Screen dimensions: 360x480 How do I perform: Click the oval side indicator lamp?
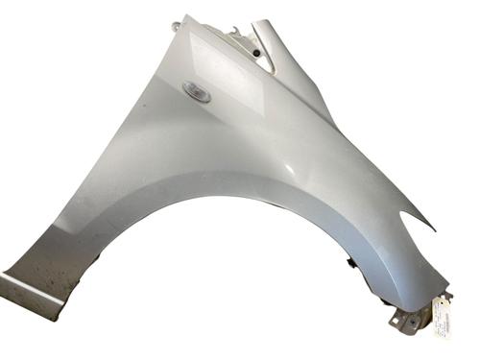click(196, 92)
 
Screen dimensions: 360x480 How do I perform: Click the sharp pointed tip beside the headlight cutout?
click(433, 229)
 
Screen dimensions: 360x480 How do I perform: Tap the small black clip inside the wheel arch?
click(350, 261)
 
